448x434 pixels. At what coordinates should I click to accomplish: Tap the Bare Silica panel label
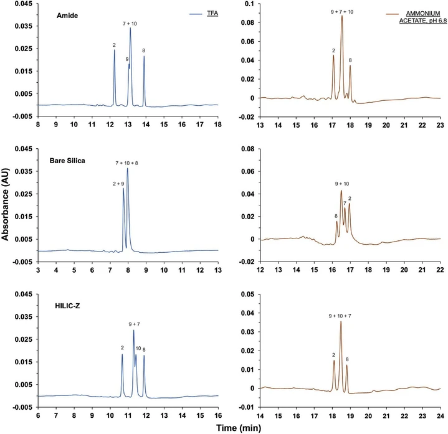67,160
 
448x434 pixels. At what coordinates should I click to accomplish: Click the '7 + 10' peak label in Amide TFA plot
130,22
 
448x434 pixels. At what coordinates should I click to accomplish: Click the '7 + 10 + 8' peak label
128,163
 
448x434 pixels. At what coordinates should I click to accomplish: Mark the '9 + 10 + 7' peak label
340,316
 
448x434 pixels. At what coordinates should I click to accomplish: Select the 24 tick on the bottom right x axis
439,415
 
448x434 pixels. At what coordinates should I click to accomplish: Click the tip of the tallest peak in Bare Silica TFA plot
128,169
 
